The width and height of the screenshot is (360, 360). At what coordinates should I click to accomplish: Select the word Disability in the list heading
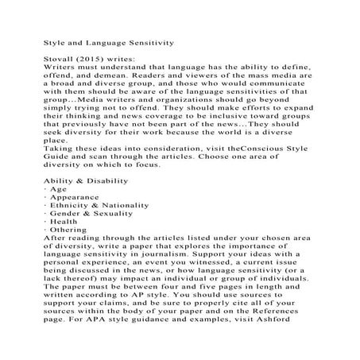(x=102, y=203)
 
